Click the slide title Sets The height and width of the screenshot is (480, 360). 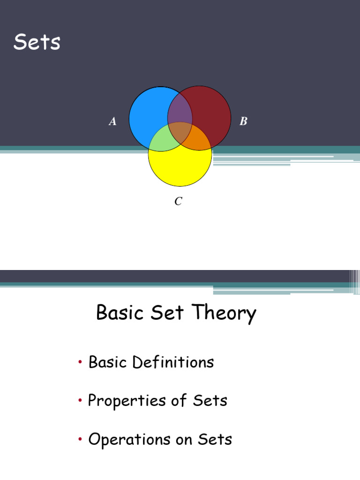pyautogui.click(x=37, y=43)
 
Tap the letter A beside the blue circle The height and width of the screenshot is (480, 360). pyautogui.click(x=112, y=122)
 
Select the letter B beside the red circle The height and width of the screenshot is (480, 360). pyautogui.click(x=243, y=122)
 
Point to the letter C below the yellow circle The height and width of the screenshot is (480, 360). pyautogui.click(x=178, y=202)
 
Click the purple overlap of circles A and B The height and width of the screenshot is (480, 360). pyautogui.click(x=180, y=112)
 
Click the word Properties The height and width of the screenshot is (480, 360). pyautogui.click(x=127, y=401)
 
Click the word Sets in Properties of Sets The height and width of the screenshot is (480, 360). pyautogui.click(x=210, y=401)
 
